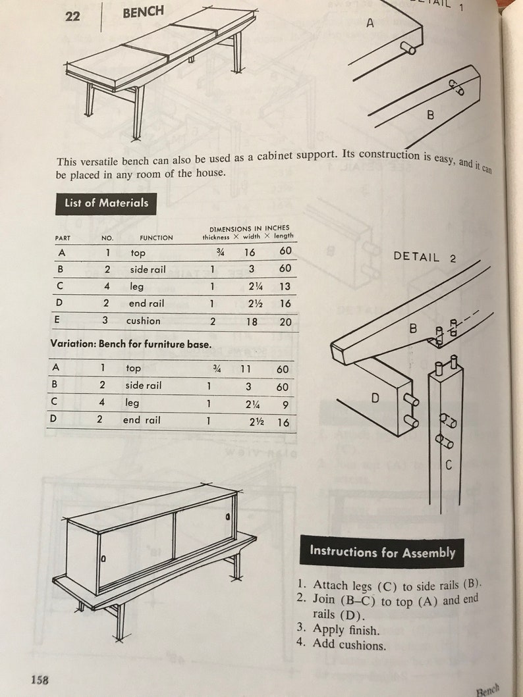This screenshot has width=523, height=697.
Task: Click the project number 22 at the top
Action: [72, 16]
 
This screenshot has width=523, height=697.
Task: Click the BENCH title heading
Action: [143, 12]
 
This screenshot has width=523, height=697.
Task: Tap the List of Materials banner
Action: [106, 203]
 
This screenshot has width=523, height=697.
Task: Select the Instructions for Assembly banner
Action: [382, 552]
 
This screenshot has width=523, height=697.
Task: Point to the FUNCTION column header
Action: [156, 238]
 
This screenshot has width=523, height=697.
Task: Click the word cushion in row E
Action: [144, 321]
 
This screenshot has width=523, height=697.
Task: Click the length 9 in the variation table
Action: [285, 404]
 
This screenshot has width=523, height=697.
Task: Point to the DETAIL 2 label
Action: [425, 257]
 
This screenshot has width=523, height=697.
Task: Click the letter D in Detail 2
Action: [376, 398]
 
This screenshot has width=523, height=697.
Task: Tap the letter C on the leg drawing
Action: [449, 465]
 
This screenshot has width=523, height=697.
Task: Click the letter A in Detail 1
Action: [370, 23]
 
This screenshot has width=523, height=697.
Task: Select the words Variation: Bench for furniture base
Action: [131, 344]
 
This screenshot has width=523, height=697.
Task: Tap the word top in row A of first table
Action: [138, 253]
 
